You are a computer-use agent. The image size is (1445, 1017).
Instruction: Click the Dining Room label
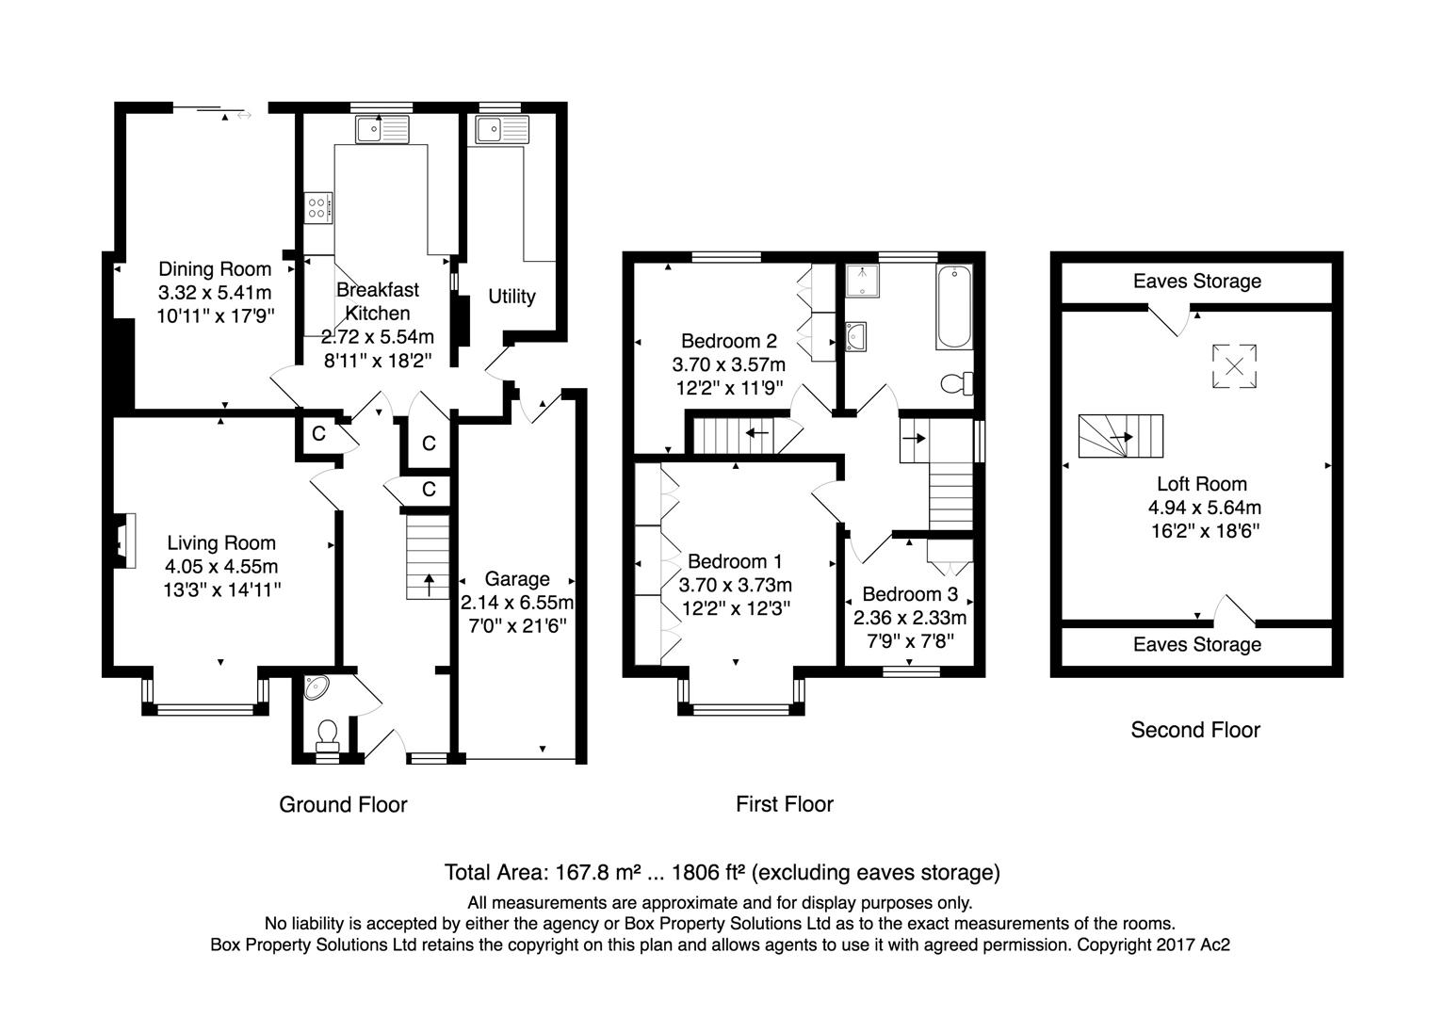pos(215,269)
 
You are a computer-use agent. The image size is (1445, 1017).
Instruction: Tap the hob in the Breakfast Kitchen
pos(318,207)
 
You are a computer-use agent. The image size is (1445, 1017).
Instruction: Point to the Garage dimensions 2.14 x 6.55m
pos(516,603)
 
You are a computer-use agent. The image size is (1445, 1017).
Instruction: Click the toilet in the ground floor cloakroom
pos(328,732)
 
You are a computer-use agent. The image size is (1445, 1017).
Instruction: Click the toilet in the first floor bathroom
pos(958,383)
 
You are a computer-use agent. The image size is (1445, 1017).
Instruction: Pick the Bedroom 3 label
pos(909,594)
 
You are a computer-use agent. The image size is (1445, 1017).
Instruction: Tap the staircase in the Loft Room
pos(1120,436)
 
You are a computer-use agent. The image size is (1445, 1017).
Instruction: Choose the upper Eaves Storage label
pos(1196,281)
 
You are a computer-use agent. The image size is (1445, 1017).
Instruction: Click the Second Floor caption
pos(1194,730)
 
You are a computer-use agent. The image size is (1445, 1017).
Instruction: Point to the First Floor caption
pos(784,804)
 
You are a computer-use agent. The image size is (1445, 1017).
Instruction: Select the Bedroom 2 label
pos(728,341)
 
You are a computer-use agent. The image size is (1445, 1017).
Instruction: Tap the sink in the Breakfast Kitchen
pos(382,129)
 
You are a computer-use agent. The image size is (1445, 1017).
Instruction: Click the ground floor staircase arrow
pos(430,584)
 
